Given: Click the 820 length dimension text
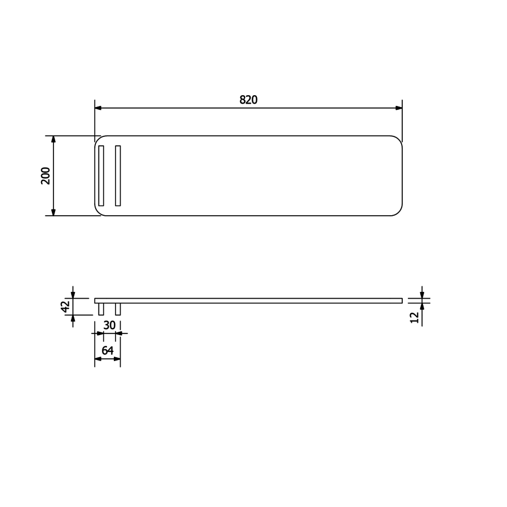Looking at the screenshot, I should tap(248, 100).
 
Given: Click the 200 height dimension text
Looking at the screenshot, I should tap(46, 175).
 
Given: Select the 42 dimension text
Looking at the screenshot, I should tap(65, 306).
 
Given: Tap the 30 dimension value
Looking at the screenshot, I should tap(109, 325).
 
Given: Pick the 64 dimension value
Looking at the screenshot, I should tap(107, 350).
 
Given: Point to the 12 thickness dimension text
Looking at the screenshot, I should tap(415, 317).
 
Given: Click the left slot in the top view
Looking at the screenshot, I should tap(101, 175).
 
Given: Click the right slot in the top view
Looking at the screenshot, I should tap(118, 175).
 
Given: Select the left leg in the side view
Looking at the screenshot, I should tap(101, 309).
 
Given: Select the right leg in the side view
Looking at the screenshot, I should tap(118, 309).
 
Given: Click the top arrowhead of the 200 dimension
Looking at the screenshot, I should tap(54, 139).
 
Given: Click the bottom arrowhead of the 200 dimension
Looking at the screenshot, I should tap(54, 212).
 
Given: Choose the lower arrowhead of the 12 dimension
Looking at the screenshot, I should tap(422, 307).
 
